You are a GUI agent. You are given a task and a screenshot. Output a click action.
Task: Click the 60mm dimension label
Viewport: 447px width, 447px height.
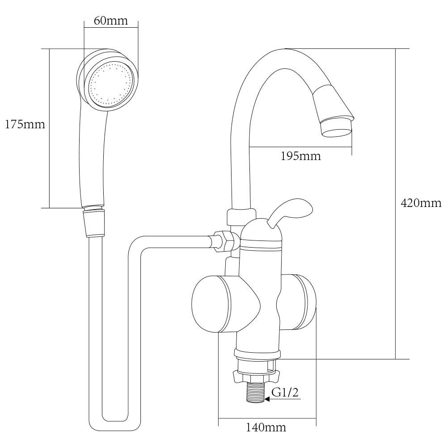[x=111, y=21]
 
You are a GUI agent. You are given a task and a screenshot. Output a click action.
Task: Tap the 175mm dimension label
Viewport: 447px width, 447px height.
[x=25, y=124]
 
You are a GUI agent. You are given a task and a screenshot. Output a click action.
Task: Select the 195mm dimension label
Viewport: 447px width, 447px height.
[x=301, y=156]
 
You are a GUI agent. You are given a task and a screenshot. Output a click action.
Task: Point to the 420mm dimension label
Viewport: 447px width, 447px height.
[x=421, y=203]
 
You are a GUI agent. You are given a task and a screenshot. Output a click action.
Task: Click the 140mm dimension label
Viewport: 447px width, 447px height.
[x=266, y=427]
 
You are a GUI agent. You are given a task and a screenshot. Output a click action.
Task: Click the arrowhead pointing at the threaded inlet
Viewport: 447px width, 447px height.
[x=267, y=399]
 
